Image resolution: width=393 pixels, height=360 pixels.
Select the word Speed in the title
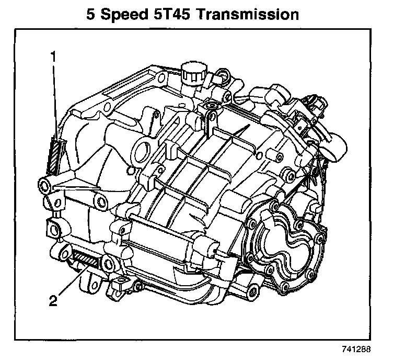(124, 16)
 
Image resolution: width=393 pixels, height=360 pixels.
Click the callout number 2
(53, 300)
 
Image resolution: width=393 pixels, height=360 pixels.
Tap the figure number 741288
(356, 349)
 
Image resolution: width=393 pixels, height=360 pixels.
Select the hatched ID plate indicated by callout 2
(85, 259)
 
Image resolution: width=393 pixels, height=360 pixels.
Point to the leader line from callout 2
(73, 280)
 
